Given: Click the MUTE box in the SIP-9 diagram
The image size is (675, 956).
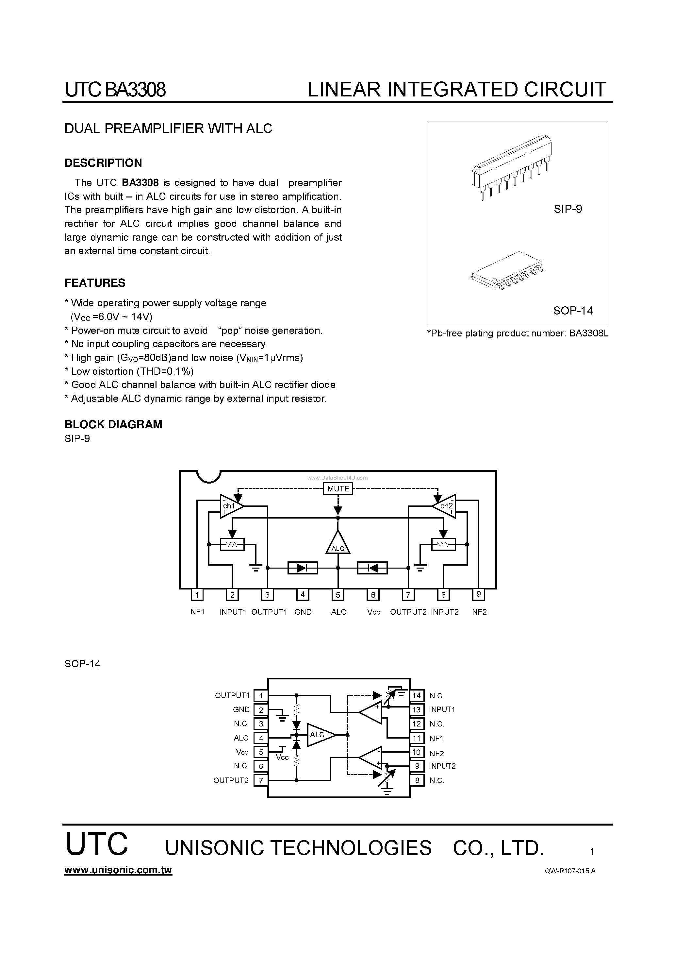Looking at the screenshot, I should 338,489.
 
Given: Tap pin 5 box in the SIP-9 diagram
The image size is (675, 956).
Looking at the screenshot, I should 338,595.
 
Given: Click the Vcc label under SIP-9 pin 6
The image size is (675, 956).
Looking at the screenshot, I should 374,612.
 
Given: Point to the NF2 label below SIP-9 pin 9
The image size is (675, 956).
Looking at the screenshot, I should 479,612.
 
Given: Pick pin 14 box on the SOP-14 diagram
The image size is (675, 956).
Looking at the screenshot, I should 417,695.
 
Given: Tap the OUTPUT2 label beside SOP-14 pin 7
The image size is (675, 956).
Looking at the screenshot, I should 231,781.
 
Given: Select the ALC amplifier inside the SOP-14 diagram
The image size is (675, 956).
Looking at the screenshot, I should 320,735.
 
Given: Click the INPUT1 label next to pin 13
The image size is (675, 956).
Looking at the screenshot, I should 442,709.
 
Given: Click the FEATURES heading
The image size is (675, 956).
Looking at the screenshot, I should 95,283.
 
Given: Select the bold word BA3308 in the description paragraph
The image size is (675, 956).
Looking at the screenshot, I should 140,183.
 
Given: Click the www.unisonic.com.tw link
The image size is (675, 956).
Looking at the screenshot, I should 118,870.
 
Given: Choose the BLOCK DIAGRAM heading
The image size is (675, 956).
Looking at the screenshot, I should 113,425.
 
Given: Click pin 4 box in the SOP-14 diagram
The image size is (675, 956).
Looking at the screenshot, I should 261,738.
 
